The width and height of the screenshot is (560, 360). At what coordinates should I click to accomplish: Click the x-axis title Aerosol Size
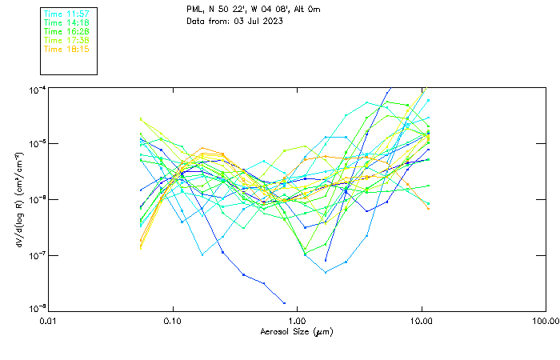click(x=296, y=331)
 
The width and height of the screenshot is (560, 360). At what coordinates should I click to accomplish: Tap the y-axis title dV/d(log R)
click(x=20, y=198)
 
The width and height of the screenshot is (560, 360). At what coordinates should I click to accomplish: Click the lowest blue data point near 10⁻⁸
click(x=284, y=303)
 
